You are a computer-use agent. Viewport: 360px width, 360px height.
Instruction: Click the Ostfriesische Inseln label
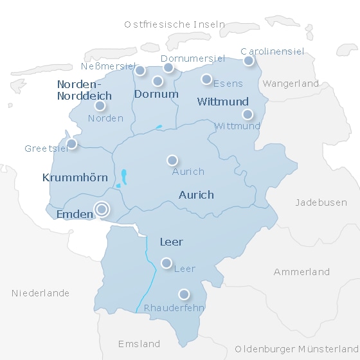coord(175,24)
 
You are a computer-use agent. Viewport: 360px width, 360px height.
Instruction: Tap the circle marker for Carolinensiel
coord(248,61)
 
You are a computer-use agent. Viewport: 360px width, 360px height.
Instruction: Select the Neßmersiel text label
coord(109,66)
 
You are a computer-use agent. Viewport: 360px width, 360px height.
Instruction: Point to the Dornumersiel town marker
coord(168,67)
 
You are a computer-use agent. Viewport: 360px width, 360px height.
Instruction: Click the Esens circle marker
coord(206,79)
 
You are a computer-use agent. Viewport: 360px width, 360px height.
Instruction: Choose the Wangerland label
coord(291,84)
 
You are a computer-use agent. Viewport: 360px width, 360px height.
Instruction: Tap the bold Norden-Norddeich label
coord(84,90)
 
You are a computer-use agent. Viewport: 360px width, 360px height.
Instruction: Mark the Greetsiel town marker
coord(71,144)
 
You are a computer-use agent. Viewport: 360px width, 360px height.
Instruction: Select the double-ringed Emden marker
coord(102,209)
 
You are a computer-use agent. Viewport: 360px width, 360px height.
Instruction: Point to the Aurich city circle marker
coord(172,160)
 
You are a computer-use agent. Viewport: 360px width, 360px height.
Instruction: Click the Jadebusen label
coord(321,203)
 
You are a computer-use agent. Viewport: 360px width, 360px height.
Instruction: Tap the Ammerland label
coord(301,272)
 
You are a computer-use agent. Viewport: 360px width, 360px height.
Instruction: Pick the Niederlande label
coord(40,293)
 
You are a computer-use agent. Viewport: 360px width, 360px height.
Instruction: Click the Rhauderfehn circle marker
coord(184,294)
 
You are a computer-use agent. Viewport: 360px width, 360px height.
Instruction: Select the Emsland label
coord(139,343)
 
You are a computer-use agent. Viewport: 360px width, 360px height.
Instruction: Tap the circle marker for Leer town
coord(166,262)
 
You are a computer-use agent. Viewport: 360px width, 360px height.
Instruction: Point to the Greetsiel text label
coord(46,148)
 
